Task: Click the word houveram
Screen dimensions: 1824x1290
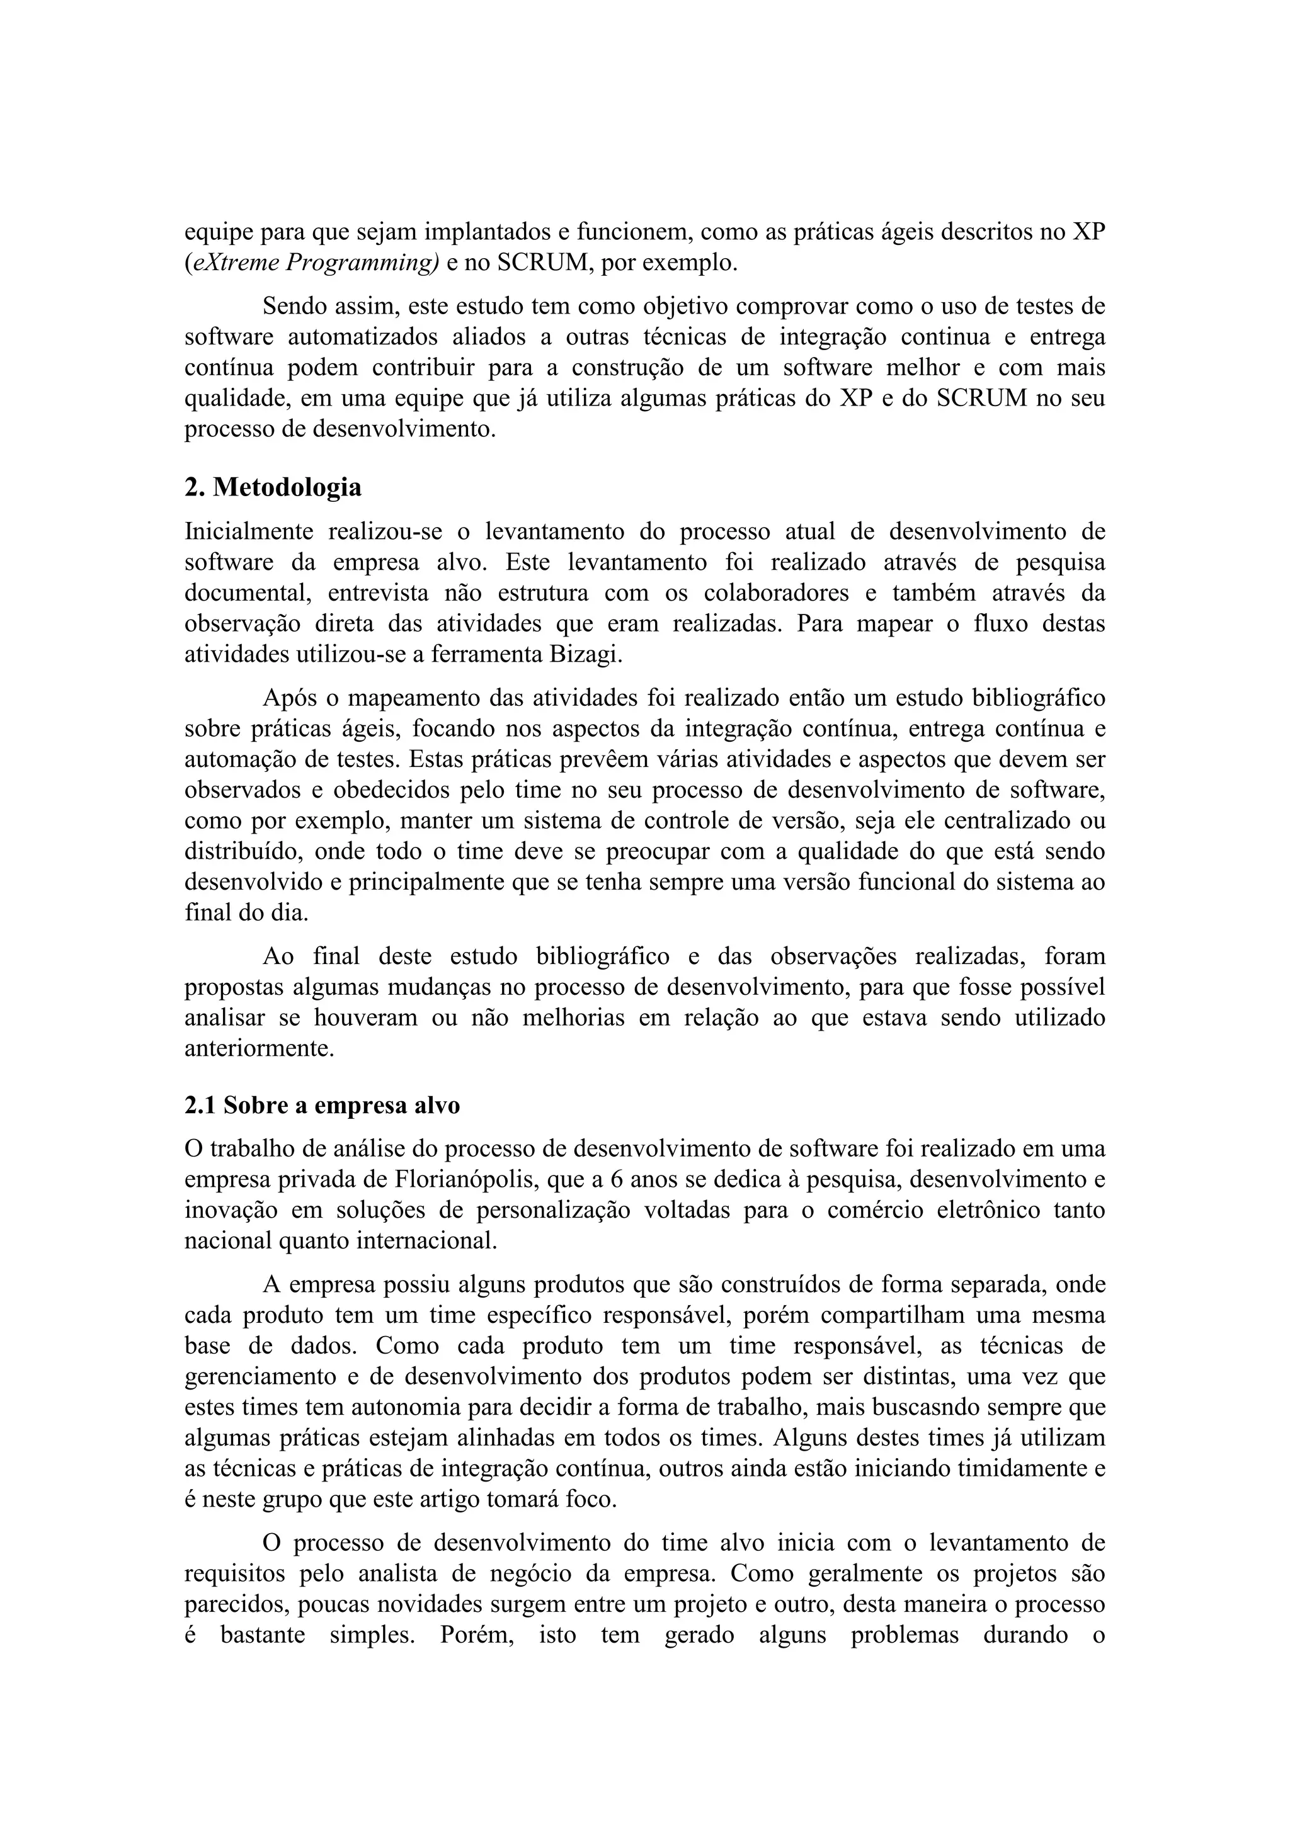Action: click(x=365, y=1017)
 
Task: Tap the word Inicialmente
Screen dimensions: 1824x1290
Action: click(x=249, y=531)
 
